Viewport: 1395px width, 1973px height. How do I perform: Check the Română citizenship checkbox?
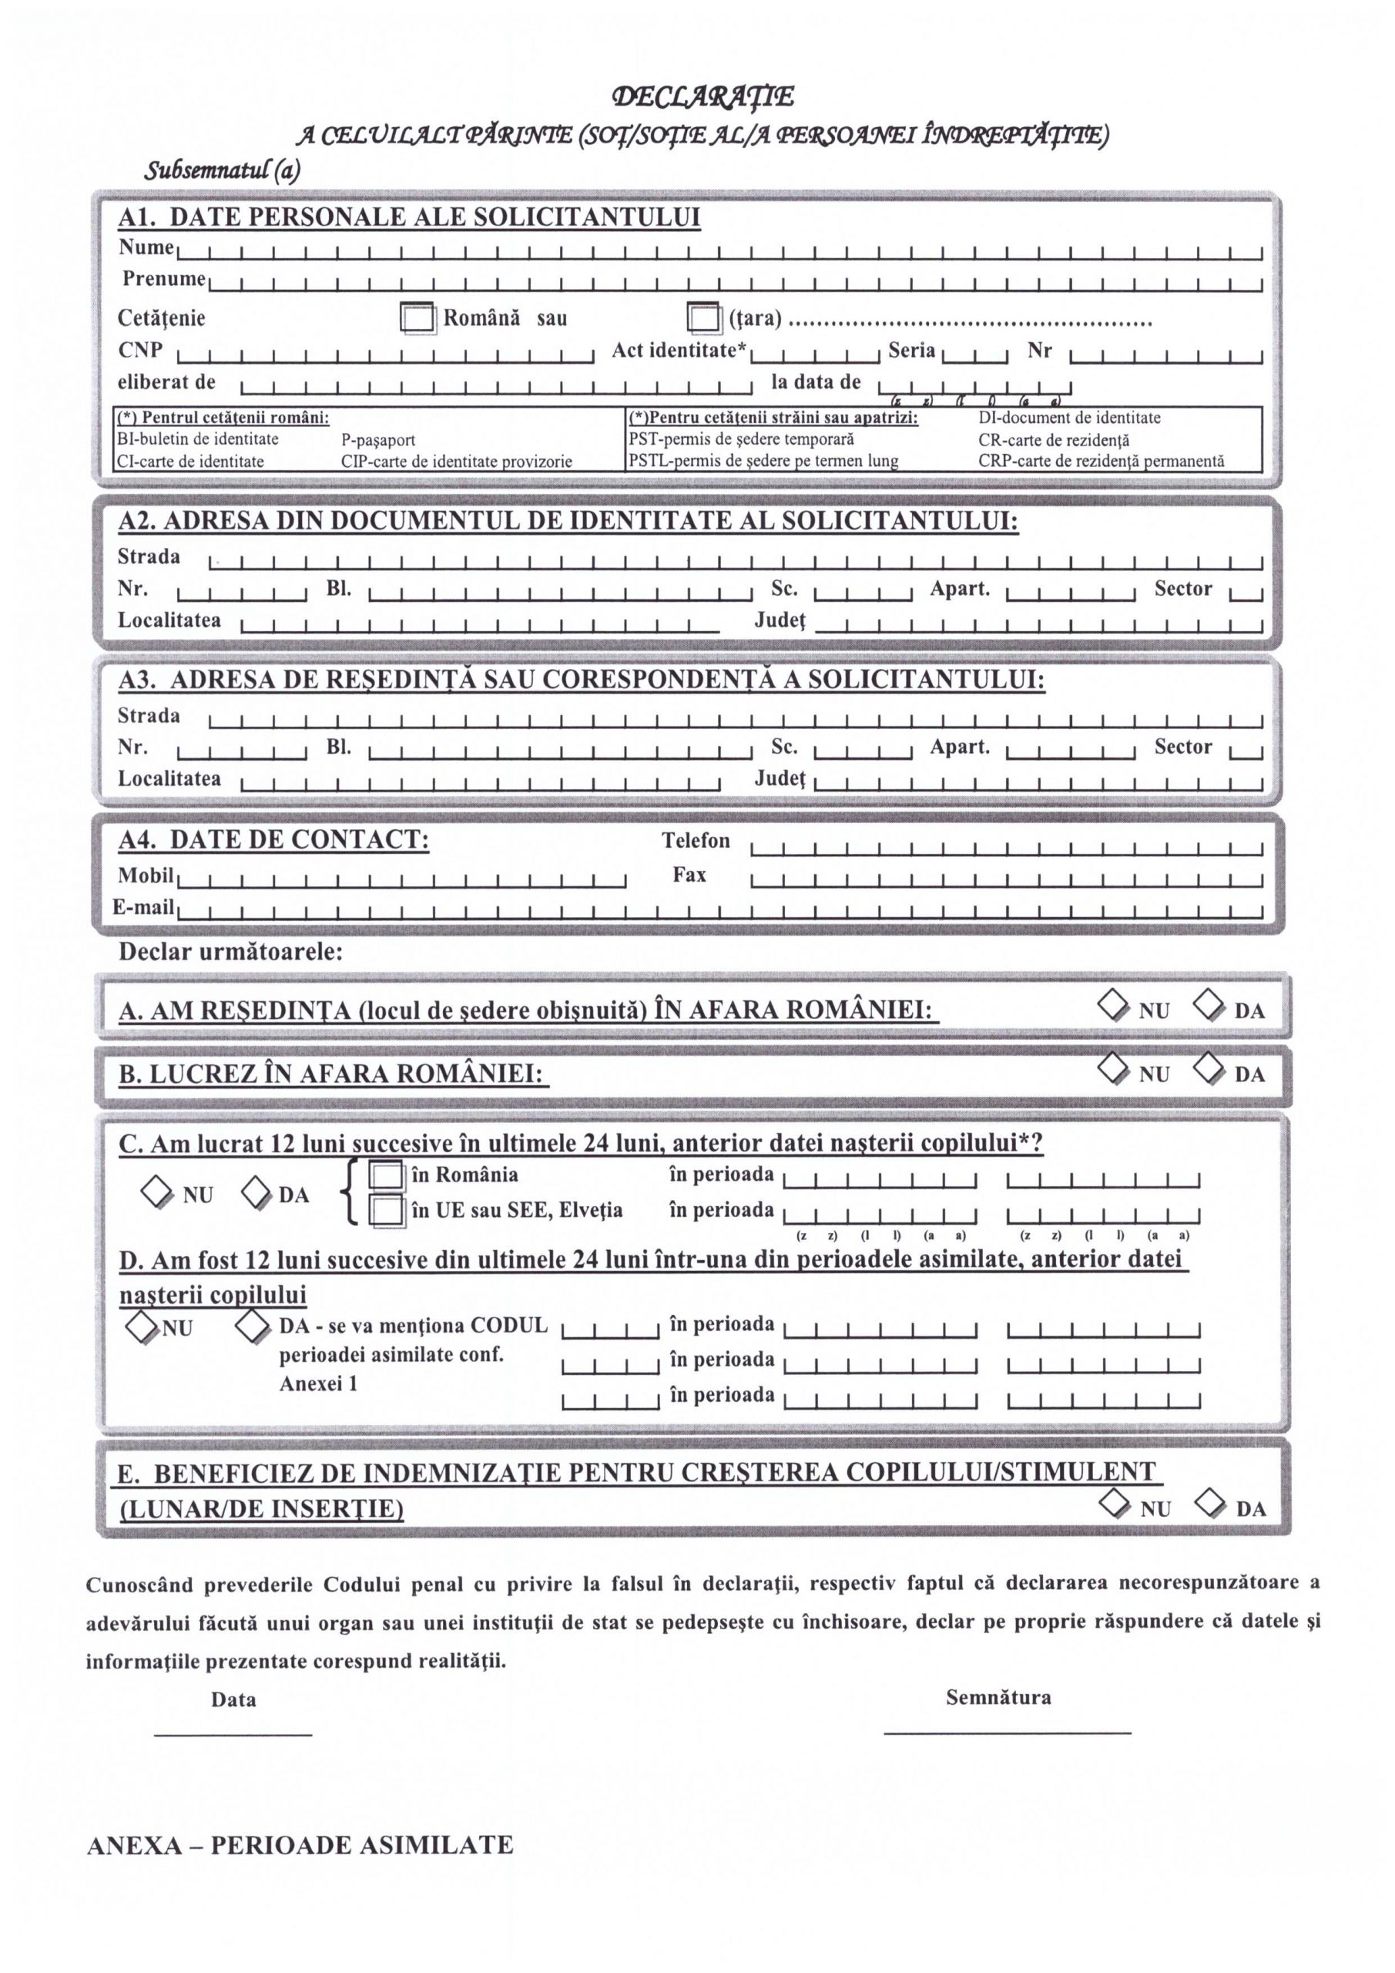417,318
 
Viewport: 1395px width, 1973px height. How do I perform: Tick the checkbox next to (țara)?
703,318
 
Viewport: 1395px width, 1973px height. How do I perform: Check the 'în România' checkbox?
386,1175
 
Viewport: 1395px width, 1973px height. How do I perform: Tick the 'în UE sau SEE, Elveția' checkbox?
386,1210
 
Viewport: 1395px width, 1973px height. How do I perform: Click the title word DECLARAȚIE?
702,97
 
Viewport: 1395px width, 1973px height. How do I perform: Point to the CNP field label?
140,351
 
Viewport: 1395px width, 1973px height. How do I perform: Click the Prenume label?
163,278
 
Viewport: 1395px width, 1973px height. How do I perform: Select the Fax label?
689,875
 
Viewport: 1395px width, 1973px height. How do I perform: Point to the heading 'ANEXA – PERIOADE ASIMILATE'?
300,1845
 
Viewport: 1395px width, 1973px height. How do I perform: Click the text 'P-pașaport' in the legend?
378,440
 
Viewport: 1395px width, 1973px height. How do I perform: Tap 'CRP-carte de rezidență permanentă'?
1101,462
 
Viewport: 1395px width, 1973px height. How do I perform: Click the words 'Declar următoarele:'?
230,952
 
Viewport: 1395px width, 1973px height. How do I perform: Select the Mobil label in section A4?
145,876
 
